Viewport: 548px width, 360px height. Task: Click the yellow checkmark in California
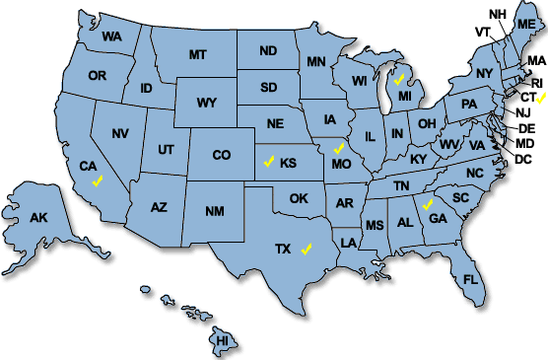(96, 181)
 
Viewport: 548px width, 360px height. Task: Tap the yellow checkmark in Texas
(308, 248)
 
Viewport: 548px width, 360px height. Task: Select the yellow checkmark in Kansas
(269, 161)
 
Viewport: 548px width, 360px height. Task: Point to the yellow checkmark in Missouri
(338, 148)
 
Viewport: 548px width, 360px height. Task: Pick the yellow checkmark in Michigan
(399, 78)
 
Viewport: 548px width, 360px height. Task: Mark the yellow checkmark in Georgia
(427, 205)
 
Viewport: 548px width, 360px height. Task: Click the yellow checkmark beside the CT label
(541, 99)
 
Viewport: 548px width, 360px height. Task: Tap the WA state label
(111, 36)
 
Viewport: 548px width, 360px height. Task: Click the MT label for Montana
(198, 52)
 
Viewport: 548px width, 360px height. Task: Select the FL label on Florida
(470, 279)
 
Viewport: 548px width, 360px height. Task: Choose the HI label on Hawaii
(222, 340)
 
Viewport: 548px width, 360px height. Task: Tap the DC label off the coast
(523, 159)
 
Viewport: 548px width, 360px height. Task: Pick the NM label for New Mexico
(214, 211)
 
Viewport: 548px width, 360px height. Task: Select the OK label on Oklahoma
(299, 198)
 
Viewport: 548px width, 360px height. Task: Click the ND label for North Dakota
(268, 51)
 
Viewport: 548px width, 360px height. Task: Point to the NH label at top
(497, 14)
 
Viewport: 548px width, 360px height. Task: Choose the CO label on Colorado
(222, 155)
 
